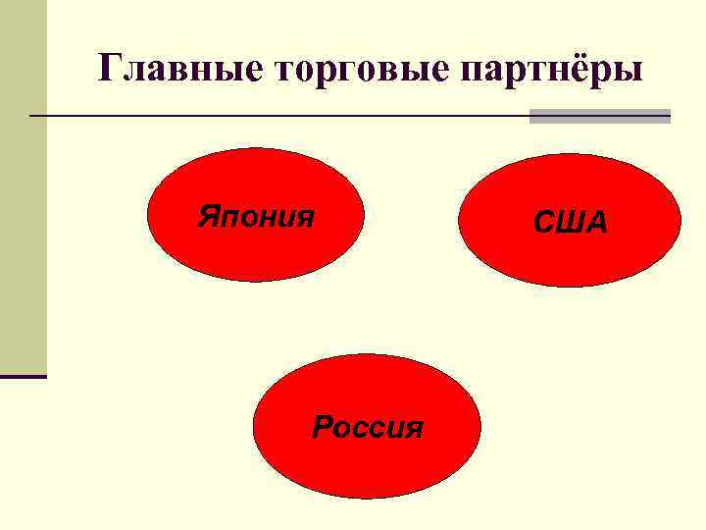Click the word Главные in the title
click(x=167, y=69)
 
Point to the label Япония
click(x=256, y=215)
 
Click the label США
click(x=571, y=223)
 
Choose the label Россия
click(x=368, y=427)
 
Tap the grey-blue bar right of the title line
click(x=600, y=116)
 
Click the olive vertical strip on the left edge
click(x=23, y=186)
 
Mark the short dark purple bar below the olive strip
click(x=23, y=376)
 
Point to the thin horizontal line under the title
click(x=275, y=116)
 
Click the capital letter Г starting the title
click(x=110, y=69)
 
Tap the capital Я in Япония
click(x=208, y=215)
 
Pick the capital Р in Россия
click(x=322, y=427)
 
